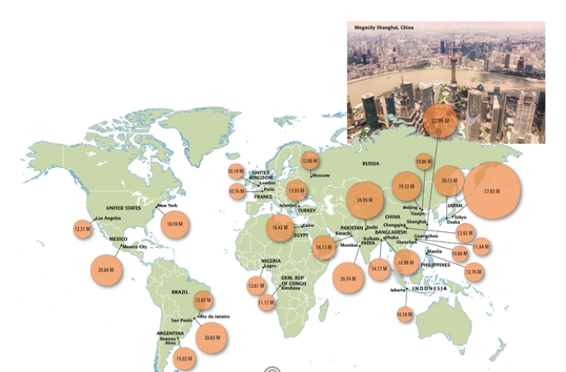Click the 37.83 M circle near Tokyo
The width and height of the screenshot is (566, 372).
pos(492,190)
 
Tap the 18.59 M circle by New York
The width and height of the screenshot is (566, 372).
pos(174,223)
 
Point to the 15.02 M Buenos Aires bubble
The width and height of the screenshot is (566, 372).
pos(185,358)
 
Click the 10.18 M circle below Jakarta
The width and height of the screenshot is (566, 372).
pos(405,314)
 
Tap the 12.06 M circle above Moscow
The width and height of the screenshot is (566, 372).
pos(309,160)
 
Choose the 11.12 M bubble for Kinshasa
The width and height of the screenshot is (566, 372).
pos(266,302)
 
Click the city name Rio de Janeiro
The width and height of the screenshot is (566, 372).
pos(214,317)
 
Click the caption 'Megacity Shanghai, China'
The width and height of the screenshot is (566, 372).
pos(385,28)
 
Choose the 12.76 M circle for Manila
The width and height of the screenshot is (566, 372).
pos(473,271)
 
